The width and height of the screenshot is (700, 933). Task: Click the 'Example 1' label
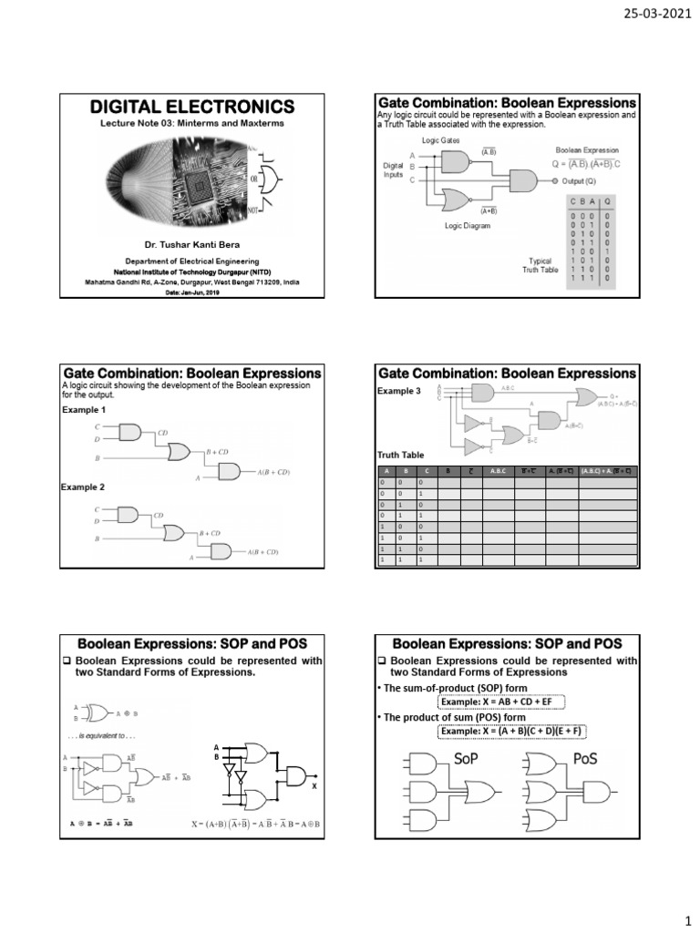click(x=85, y=410)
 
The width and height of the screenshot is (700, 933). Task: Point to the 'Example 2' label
click(x=85, y=487)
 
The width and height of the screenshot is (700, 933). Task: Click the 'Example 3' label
click(x=399, y=391)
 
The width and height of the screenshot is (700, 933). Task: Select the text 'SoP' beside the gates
click(x=465, y=758)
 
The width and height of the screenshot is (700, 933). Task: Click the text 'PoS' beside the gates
click(x=586, y=758)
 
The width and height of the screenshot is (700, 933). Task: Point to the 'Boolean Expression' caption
click(x=587, y=149)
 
